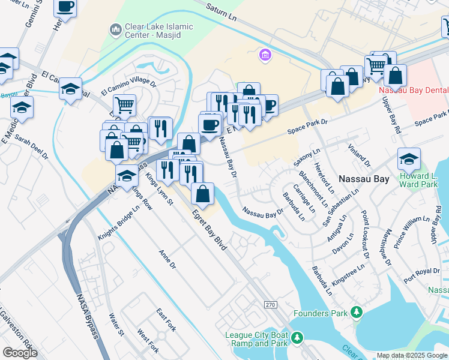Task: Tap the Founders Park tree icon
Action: [357, 313]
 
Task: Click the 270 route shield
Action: [270, 305]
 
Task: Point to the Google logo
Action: [20, 352]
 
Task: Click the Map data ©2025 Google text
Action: [412, 355]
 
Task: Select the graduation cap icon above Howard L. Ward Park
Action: [409, 159]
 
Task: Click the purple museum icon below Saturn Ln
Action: [264, 56]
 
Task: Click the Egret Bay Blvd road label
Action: [209, 230]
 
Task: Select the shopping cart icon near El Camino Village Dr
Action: [124, 105]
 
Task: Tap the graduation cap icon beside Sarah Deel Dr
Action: [22, 108]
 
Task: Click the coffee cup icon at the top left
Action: [65, 7]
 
